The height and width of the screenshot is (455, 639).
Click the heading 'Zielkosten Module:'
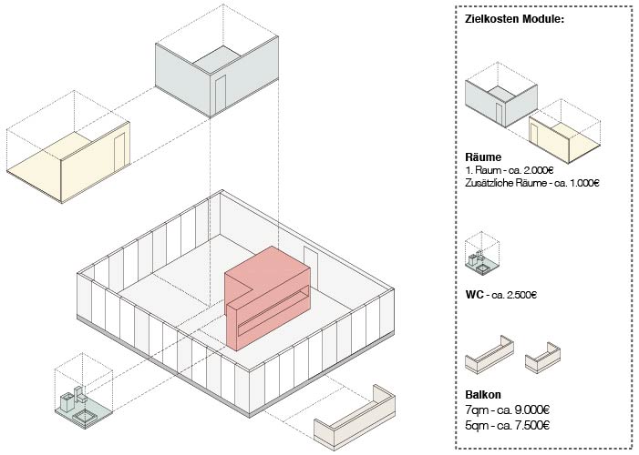coord(514,18)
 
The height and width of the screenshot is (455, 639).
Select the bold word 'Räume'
coord(482,157)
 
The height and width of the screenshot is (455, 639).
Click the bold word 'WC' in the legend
coord(474,294)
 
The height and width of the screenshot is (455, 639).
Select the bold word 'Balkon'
coord(483,396)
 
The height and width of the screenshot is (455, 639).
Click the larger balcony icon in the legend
coord(490,356)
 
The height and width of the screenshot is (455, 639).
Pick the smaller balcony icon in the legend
coord(543,359)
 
